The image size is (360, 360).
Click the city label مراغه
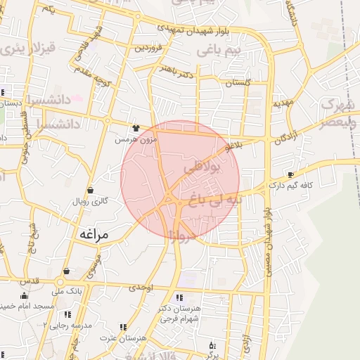[x=93, y=233]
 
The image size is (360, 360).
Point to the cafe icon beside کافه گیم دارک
[x=290, y=174]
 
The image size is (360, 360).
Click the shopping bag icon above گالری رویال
[x=90, y=191]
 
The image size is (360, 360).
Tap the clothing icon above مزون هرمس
[x=135, y=129]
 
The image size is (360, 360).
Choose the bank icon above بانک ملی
[x=67, y=271]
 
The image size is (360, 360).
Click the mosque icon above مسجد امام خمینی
[x=24, y=296]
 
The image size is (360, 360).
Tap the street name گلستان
[x=238, y=83]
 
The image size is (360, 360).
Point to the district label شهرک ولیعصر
[x=336, y=113]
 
